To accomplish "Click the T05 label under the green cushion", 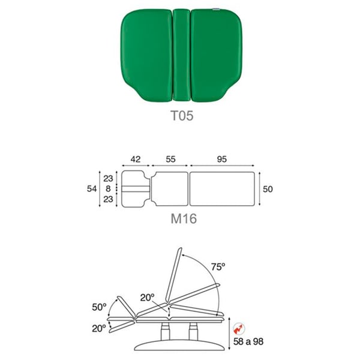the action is pos(182,115).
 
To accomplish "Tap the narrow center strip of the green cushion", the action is pos(182,55).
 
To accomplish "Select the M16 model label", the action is pos(184,218).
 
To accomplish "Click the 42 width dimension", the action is pos(136,159).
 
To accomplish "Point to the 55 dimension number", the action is pos(170,159).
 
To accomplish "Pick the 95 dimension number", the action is pos(222,159).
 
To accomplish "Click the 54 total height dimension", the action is pos(92,189).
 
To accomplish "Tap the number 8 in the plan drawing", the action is pos(108,189).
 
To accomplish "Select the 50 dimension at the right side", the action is pos(268,189).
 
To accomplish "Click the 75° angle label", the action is pos(218,267).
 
